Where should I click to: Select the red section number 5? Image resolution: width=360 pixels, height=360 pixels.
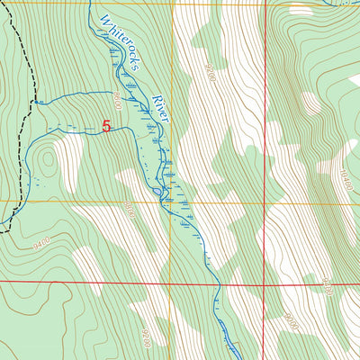pos(106,127)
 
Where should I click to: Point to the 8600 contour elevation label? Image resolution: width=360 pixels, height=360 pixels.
pos(123,94)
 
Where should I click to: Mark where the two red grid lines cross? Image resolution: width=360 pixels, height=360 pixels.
pos(265,282)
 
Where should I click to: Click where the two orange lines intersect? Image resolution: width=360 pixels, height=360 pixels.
pos(170,202)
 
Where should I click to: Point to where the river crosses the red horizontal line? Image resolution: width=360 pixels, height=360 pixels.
pos(216,282)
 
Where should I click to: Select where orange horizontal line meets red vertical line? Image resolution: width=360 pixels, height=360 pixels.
pos(265,202)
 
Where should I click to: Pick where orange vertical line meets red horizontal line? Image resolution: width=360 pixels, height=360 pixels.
pos(170,282)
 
